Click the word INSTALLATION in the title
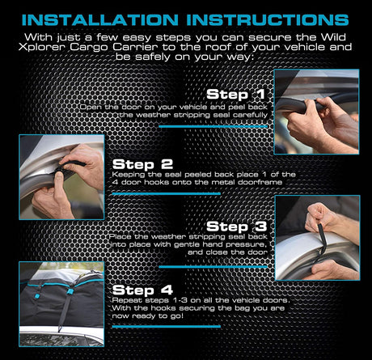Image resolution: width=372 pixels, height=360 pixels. (x=100, y=20)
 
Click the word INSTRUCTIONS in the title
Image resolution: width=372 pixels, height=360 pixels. (x=268, y=20)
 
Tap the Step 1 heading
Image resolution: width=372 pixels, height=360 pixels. (x=235, y=95)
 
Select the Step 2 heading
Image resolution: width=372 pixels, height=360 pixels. (x=142, y=164)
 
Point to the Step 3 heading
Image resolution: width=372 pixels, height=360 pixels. (x=237, y=227)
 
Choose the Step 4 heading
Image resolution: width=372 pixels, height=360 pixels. (x=142, y=290)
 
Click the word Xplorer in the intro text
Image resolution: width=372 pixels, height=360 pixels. (x=43, y=48)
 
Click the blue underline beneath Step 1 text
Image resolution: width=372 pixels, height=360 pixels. (x=213, y=126)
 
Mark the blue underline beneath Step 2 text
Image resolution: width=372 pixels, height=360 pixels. (x=167, y=193)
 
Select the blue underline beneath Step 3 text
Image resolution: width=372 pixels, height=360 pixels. (x=213, y=267)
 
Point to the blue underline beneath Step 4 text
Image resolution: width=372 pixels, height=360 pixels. (x=167, y=327)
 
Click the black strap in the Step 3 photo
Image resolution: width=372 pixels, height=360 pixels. (x=322, y=241)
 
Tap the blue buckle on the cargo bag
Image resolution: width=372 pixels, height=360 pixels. (x=70, y=291)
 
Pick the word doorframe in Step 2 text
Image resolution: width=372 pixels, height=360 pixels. (x=260, y=182)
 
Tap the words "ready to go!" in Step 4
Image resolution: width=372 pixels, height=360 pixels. (x=158, y=316)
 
